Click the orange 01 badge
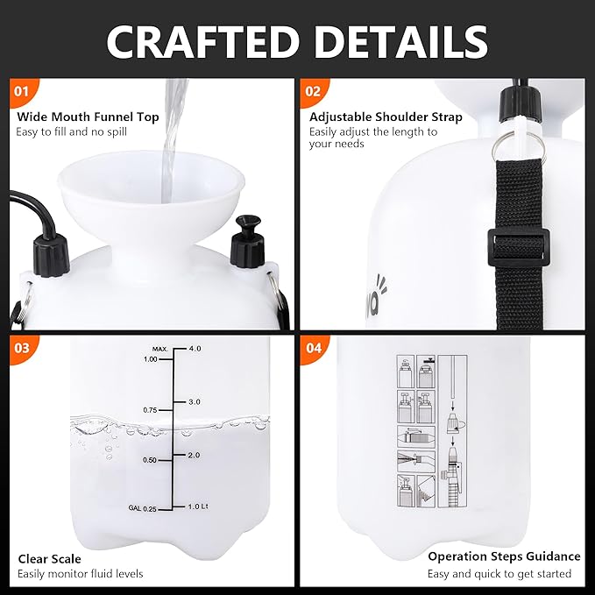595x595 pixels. pos(23,91)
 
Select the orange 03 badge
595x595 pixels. pos(23,348)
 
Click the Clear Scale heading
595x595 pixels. pos(50,558)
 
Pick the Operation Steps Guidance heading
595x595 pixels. pos(504,556)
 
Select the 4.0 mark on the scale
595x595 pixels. pos(195,348)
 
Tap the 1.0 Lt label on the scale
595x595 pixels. pos(197,506)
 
